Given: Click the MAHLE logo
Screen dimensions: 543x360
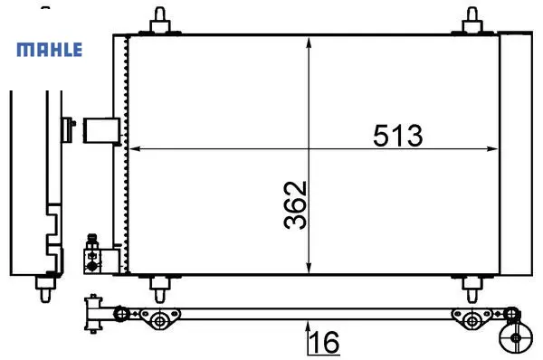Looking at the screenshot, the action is pyautogui.click(x=50, y=50).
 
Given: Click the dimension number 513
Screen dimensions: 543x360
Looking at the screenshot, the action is pyautogui.click(x=398, y=136).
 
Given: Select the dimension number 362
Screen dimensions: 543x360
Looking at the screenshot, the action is pyautogui.click(x=295, y=205).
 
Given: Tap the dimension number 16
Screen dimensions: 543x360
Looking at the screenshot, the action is pyautogui.click(x=325, y=342).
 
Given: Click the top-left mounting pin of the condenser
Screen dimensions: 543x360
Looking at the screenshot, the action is pyautogui.click(x=159, y=21).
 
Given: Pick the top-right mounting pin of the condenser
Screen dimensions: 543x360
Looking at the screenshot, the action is pyautogui.click(x=472, y=21).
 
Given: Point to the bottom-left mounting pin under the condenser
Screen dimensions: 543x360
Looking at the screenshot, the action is pyautogui.click(x=159, y=289).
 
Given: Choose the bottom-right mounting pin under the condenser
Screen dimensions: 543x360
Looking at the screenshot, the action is pyautogui.click(x=472, y=289).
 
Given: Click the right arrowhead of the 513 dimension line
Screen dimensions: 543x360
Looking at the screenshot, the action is pyautogui.click(x=492, y=149).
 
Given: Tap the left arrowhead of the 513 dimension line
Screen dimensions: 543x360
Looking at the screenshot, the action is pyautogui.click(x=135, y=149).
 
